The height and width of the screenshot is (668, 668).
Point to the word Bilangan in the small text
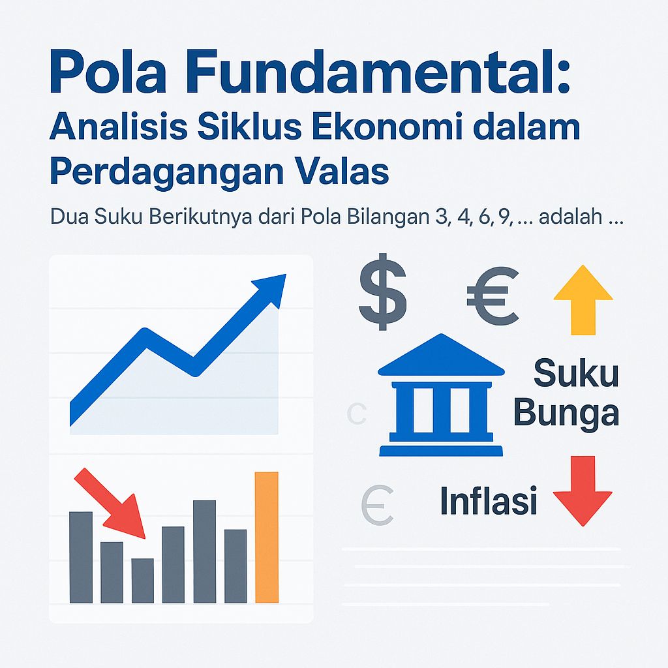(x=375, y=217)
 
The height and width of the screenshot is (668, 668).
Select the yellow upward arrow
(x=583, y=299)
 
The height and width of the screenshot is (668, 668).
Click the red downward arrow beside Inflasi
(x=582, y=491)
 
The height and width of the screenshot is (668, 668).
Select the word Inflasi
(x=489, y=502)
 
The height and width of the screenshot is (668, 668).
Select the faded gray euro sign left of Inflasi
(x=377, y=506)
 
